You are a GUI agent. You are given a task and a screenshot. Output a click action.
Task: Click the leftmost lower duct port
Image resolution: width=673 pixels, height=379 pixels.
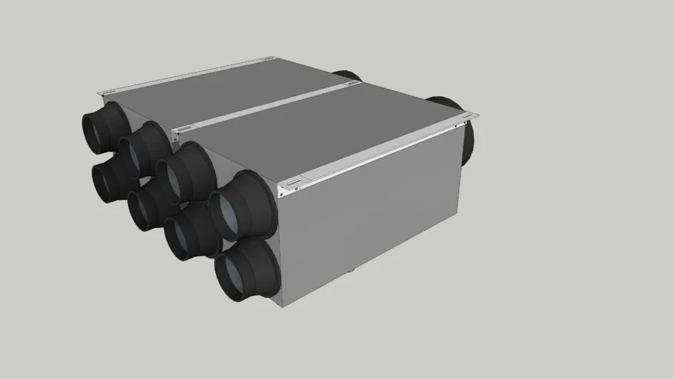tap(109, 181)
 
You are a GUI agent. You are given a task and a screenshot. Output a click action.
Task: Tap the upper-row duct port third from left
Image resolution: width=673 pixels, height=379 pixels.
tap(181, 172)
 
